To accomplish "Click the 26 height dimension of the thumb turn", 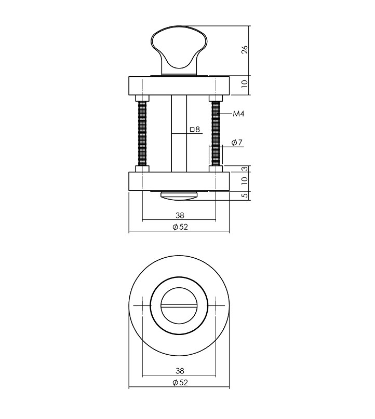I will click(x=245, y=50).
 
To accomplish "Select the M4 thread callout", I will click(x=238, y=114).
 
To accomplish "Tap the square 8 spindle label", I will click(x=195, y=129).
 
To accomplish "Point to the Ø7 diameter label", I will click(x=237, y=143).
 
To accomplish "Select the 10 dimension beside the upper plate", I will click(x=245, y=84).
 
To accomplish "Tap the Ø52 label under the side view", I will click(x=179, y=227).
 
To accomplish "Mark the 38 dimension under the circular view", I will click(x=179, y=371).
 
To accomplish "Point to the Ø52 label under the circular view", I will click(x=179, y=383).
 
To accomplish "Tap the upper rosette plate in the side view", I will click(x=179, y=86).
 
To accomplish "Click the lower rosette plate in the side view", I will click(x=179, y=181).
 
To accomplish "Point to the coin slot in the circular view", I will click(x=179, y=306).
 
